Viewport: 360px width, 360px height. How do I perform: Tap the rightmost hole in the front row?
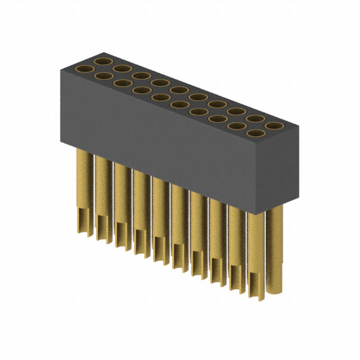pos(255,133)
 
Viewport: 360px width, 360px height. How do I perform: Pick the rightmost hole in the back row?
pos(273,125)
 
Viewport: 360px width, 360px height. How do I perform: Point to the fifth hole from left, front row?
pos(160,97)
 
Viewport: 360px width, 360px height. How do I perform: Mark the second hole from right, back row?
pos(255,119)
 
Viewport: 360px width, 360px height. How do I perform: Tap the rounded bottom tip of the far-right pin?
pos(274,291)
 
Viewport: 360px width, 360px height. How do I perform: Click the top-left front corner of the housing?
pos(60,66)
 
